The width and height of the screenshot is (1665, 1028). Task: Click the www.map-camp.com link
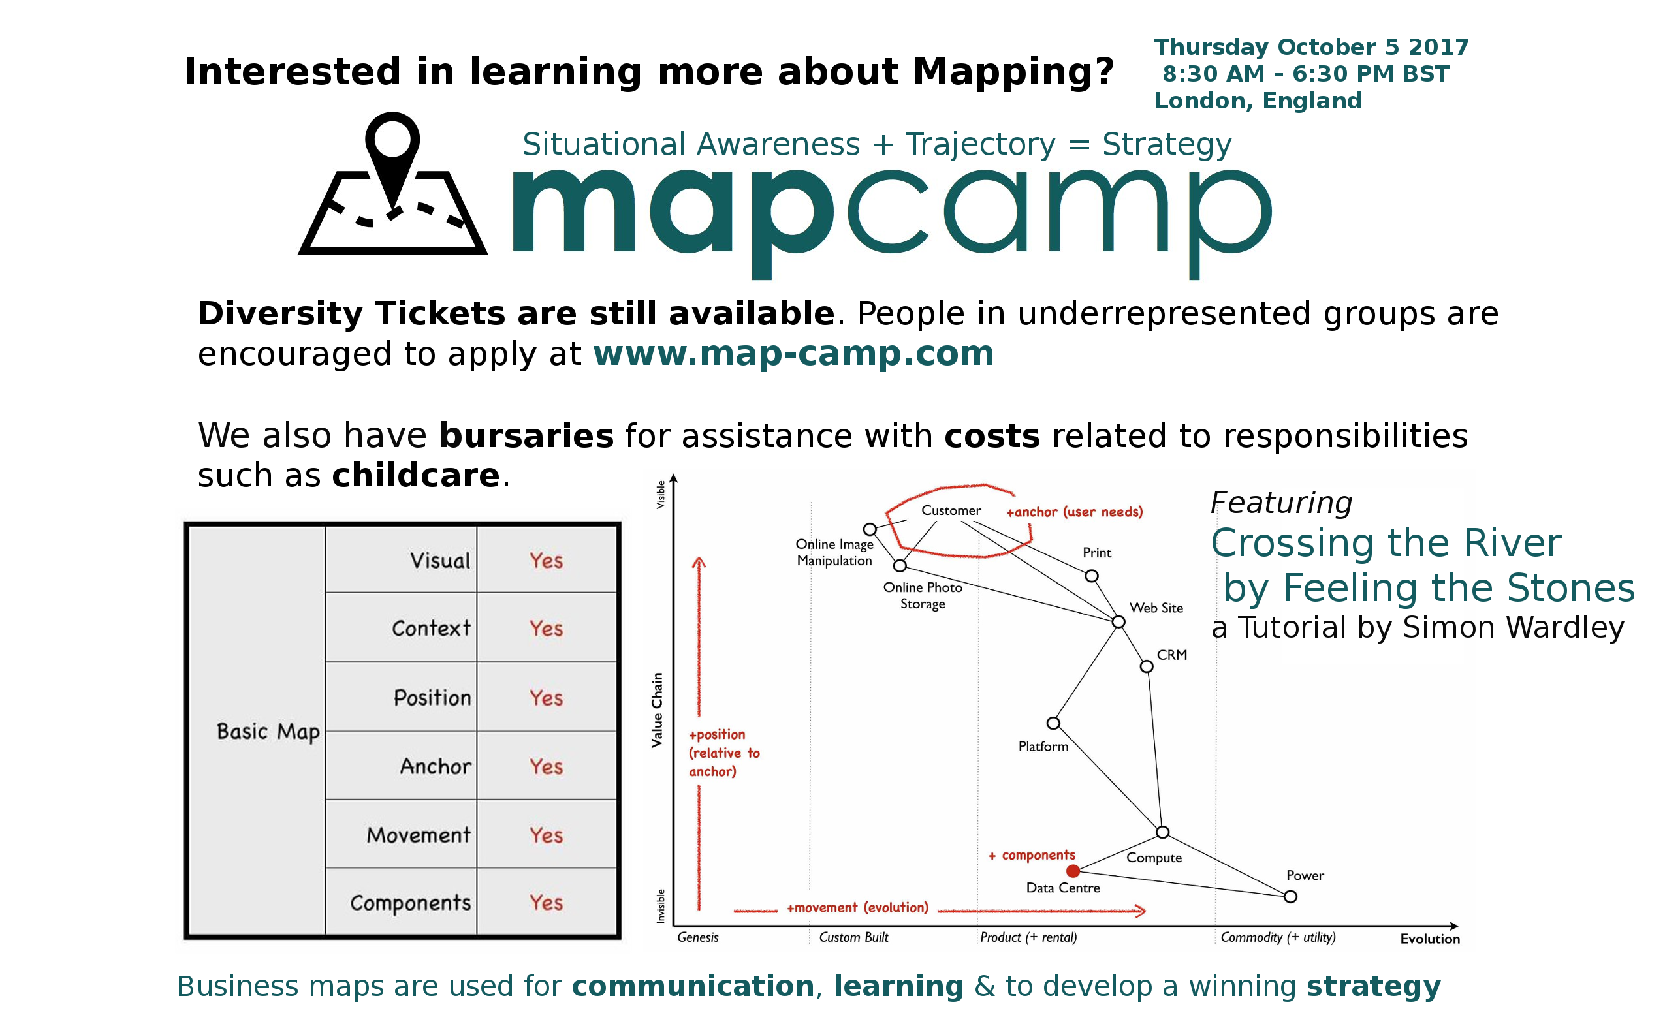pos(793,354)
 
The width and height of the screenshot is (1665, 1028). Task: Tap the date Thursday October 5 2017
pos(1311,47)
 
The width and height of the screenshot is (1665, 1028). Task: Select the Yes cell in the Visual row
pos(546,560)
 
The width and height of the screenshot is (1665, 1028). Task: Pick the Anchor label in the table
pos(436,766)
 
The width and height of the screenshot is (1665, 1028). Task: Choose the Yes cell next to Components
pos(546,902)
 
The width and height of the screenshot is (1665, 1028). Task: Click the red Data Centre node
pos(1073,871)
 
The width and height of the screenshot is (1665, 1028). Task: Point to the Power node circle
pos(1290,897)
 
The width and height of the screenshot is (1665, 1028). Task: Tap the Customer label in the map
pos(951,510)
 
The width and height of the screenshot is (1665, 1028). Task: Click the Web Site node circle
pos(1118,621)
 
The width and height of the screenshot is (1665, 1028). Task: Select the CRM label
pos(1172,655)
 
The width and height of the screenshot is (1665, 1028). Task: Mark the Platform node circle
pos(1053,723)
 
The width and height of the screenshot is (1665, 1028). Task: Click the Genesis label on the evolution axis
pos(698,937)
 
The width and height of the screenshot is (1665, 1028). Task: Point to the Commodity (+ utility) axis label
pos(1278,937)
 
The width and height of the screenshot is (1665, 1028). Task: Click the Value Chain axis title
pos(657,711)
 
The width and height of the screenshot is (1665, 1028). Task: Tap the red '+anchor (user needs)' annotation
pos(1075,512)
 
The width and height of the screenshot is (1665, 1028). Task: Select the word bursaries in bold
pos(526,436)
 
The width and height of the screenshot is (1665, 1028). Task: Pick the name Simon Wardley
pos(1514,627)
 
